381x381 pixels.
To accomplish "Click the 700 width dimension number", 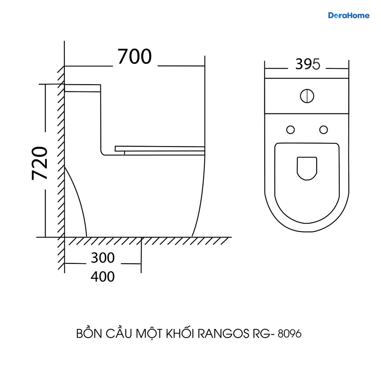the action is (134, 57).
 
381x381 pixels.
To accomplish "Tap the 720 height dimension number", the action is (39, 163).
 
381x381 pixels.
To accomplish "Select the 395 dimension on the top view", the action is (308, 64).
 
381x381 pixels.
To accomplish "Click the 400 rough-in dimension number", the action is (103, 277).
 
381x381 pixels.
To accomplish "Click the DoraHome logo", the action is (349, 16).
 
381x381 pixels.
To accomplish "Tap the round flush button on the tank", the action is (307, 96).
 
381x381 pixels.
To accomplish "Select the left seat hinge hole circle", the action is (291, 130).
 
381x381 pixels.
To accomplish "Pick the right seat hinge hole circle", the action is (324, 130).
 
